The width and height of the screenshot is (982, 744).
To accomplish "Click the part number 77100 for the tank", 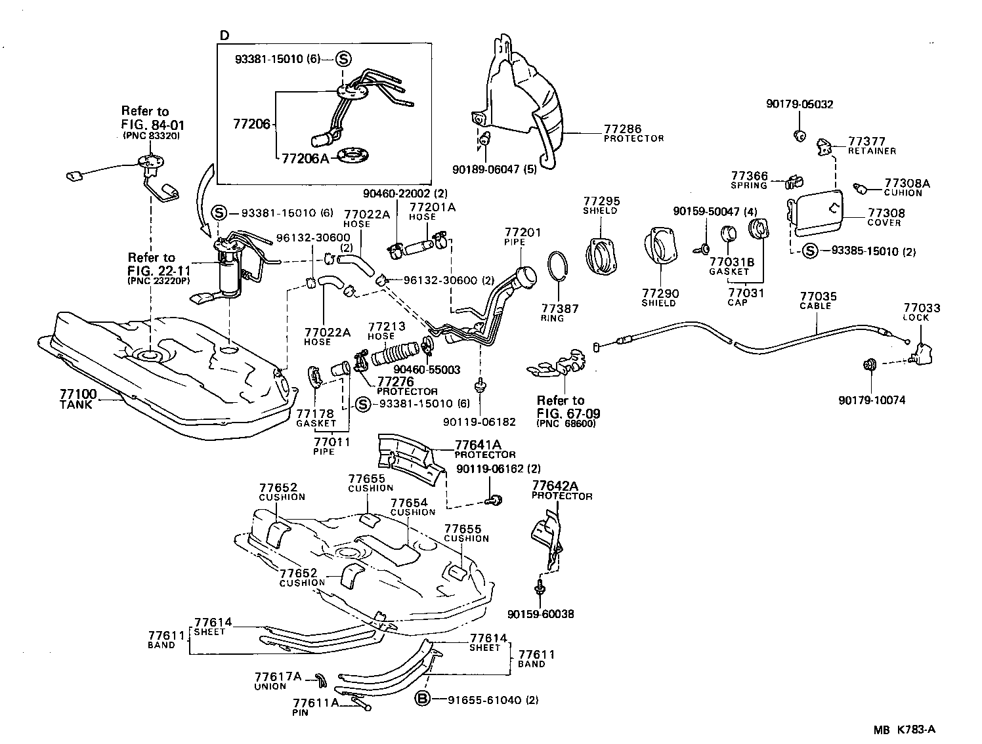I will pos(78,394).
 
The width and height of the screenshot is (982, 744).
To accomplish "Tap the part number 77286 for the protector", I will pos(622,129).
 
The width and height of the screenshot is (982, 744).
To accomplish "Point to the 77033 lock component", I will pos(922,354).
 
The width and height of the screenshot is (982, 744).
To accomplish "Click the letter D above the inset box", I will pos(224,35).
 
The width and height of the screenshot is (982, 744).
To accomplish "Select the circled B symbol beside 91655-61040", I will pos(423,699).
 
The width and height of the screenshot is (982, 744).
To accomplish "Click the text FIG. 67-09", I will pos(568,413).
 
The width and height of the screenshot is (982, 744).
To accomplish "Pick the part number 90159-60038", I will pos(540,614).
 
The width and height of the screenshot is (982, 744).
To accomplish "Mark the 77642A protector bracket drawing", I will pos(547,538).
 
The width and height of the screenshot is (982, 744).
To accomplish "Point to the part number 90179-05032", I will pos(800,104).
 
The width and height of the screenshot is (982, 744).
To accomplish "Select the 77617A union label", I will pos(278,676).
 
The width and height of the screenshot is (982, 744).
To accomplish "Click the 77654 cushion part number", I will pos(410,503).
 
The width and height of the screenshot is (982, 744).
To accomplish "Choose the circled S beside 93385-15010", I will pos(811,251).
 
